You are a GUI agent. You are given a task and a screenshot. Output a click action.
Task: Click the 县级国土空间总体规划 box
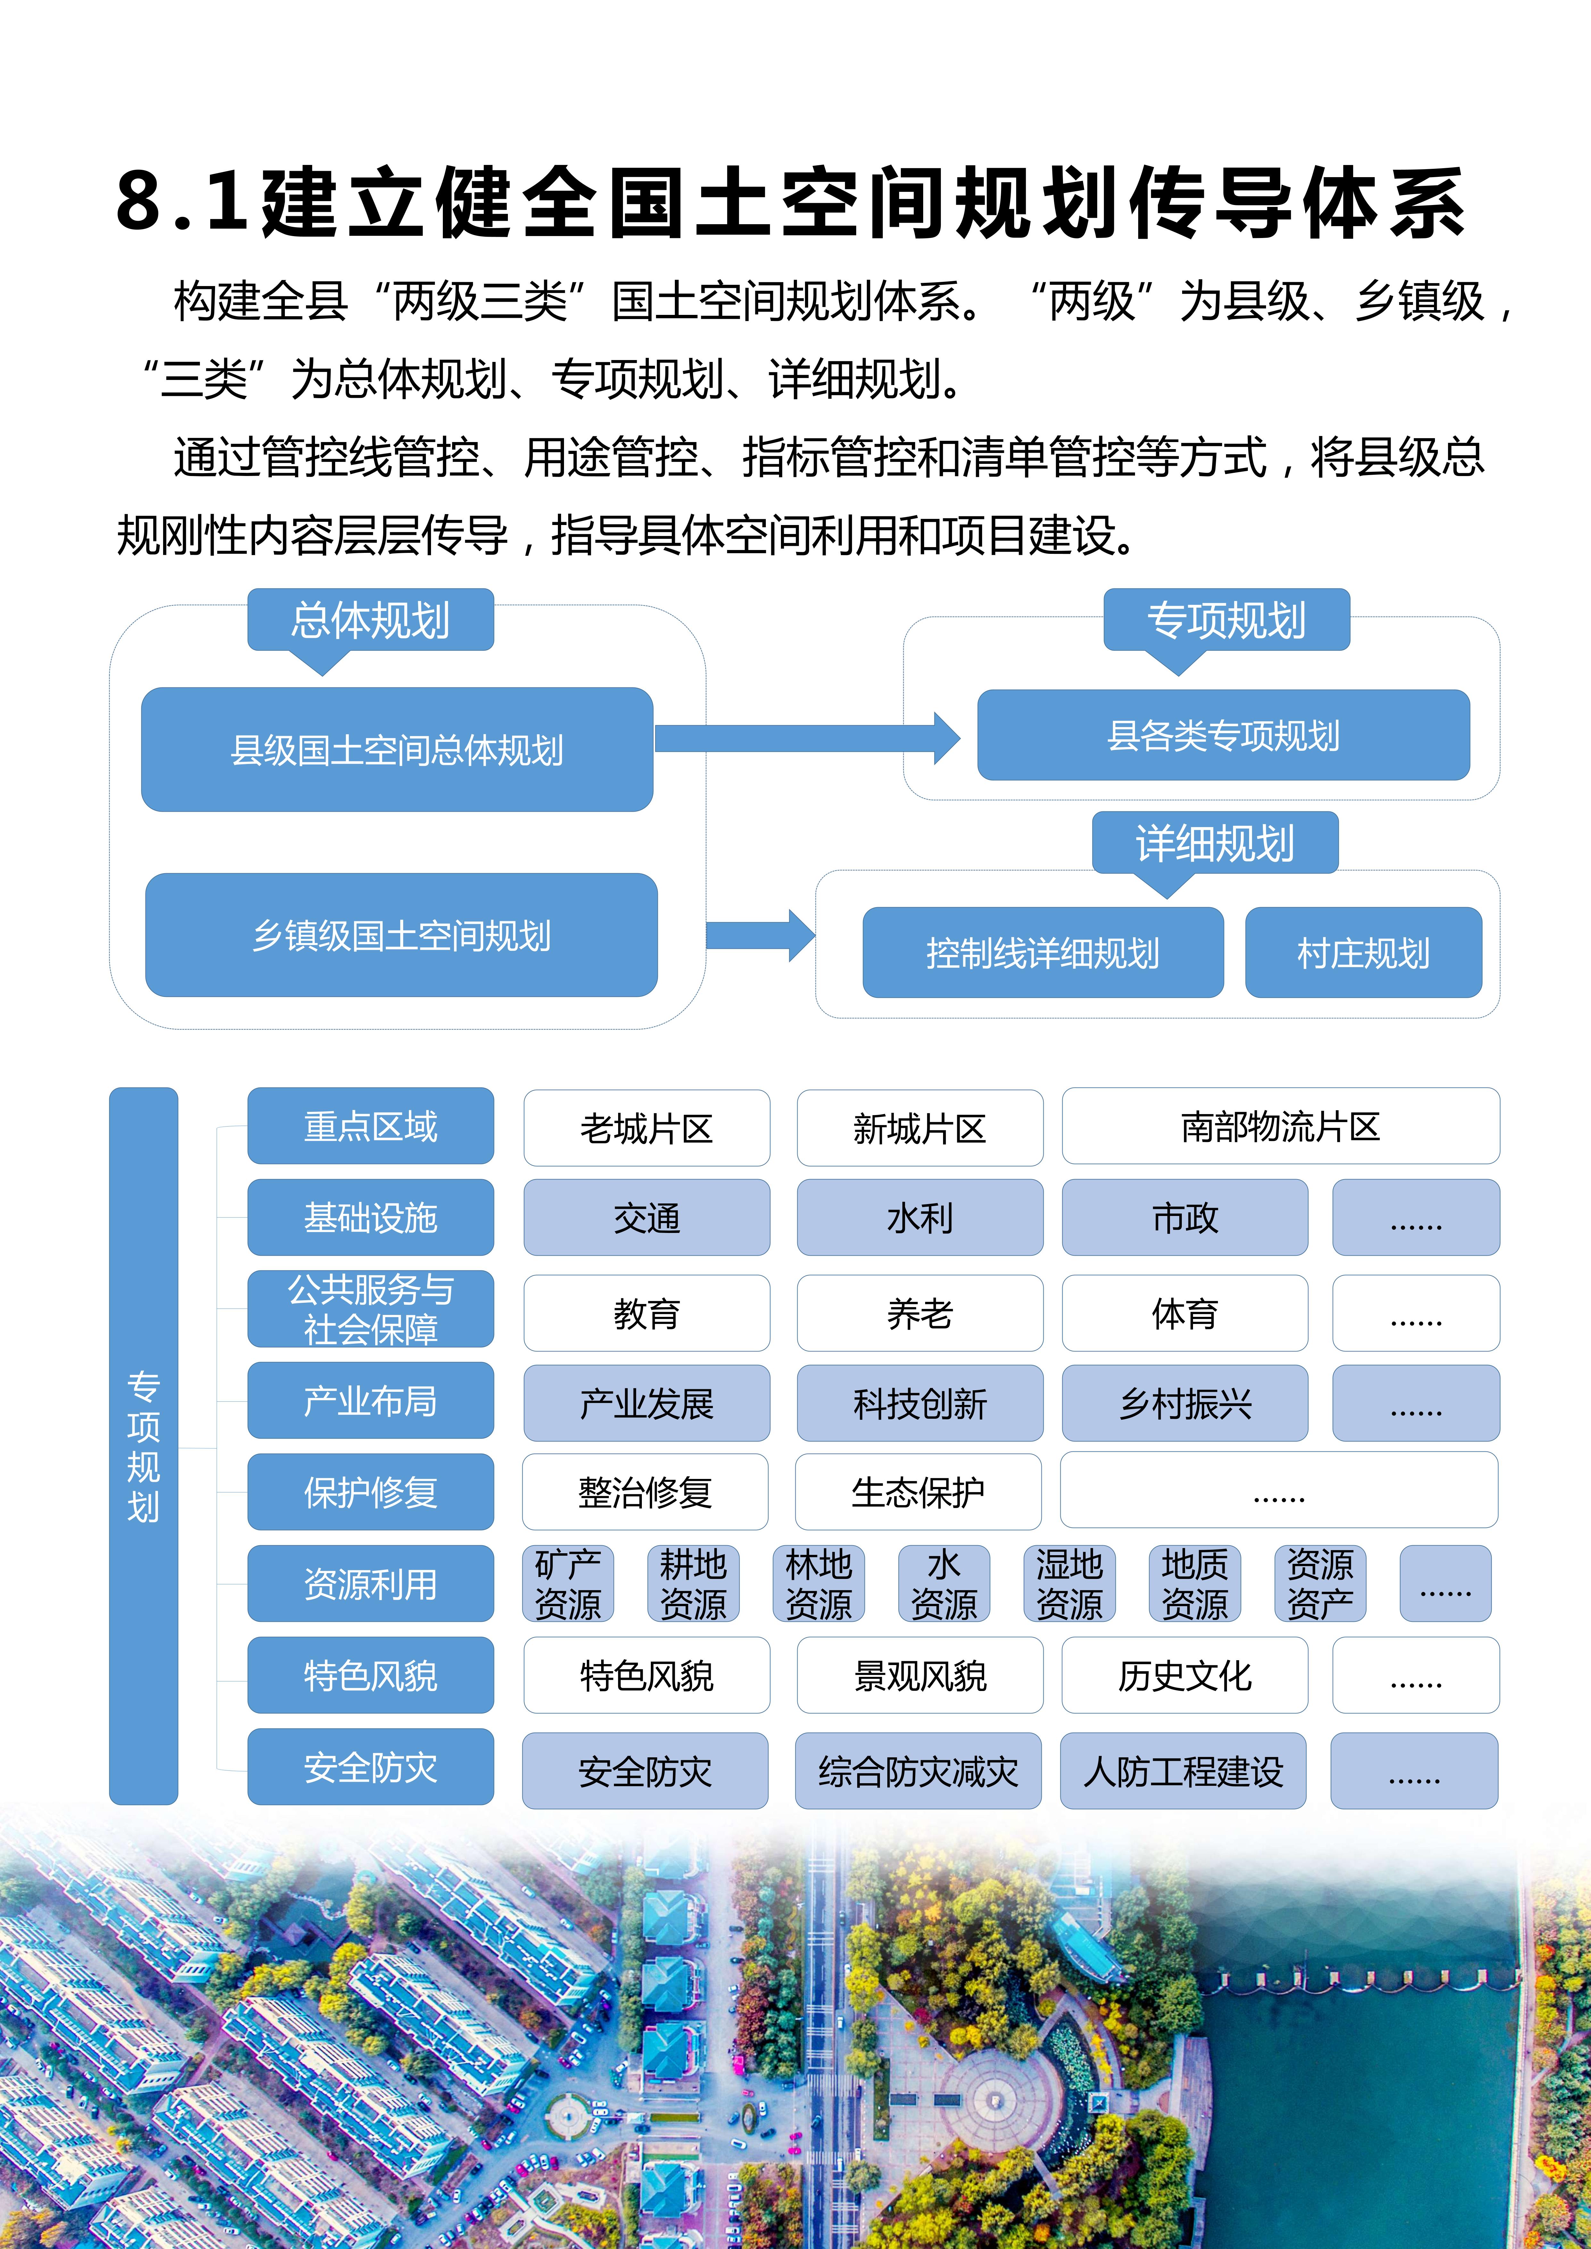[x=397, y=749]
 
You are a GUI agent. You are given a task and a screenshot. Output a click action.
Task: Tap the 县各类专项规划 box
[x=1222, y=735]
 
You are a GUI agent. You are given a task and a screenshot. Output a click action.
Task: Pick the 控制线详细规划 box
[x=1042, y=952]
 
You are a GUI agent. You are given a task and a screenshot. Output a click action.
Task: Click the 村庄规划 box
[x=1363, y=952]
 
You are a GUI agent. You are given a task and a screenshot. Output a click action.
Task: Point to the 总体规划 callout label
[x=370, y=620]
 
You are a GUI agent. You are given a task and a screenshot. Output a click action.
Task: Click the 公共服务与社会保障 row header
[x=370, y=1309]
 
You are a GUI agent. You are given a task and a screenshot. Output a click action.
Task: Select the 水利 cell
[x=919, y=1218]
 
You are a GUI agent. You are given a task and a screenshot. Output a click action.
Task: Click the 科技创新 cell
[x=919, y=1403]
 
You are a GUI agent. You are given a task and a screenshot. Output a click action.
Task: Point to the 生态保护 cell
[x=917, y=1492]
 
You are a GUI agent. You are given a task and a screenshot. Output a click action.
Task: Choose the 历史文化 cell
[x=1184, y=1675]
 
